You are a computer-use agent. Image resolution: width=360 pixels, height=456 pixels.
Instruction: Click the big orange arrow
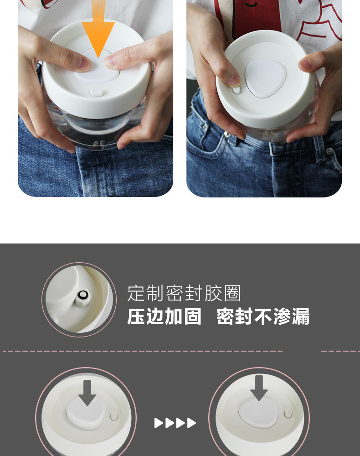(98, 32)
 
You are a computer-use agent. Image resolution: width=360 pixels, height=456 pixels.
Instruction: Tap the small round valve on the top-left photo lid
(97, 93)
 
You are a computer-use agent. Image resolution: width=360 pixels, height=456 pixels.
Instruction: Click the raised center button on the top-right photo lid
(265, 78)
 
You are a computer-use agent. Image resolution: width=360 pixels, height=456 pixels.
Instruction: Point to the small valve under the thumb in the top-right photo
(237, 90)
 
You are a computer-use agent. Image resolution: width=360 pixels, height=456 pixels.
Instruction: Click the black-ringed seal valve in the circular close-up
(82, 297)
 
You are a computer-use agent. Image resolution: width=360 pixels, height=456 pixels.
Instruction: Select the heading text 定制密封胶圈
(184, 293)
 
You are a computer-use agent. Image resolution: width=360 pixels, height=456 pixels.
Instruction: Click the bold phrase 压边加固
(164, 316)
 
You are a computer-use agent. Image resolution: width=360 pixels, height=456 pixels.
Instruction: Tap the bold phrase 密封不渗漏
(263, 316)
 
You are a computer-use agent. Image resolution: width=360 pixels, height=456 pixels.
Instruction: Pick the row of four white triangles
(175, 423)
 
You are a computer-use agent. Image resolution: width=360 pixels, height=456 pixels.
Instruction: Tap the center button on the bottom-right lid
(258, 411)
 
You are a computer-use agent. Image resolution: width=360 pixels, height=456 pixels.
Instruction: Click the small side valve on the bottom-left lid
(114, 416)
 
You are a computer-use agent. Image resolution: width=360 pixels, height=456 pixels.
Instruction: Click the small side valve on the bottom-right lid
(288, 413)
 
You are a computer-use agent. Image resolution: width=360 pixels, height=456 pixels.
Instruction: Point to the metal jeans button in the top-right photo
(329, 150)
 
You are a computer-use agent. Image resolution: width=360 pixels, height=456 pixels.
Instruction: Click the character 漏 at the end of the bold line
(301, 316)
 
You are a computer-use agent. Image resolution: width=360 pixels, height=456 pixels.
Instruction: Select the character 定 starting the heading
(136, 293)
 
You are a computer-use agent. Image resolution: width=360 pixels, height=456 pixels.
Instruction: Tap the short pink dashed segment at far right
(340, 351)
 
